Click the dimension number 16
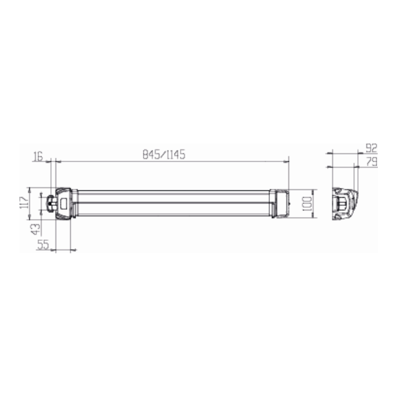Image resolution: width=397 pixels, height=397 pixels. pyautogui.click(x=38, y=156)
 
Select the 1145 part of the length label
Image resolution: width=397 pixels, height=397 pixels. pyautogui.click(x=176, y=154)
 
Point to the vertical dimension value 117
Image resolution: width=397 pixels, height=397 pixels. pyautogui.click(x=24, y=202)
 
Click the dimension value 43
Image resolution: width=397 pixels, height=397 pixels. pyautogui.click(x=36, y=229)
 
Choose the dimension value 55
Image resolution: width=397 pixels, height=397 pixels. pyautogui.click(x=43, y=245)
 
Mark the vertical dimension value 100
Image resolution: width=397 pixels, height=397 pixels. pyautogui.click(x=307, y=204)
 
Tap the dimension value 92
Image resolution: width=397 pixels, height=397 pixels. pyautogui.click(x=372, y=148)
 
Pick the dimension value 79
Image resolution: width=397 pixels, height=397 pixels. pyautogui.click(x=372, y=161)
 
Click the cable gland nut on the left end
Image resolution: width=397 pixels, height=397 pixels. pyautogui.click(x=51, y=202)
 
